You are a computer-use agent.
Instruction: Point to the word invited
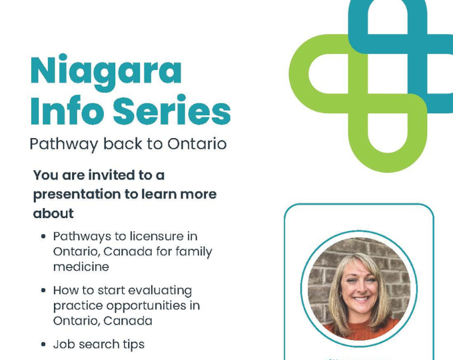click(109, 175)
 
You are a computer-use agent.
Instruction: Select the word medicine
click(81, 266)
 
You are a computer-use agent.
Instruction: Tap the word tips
click(132, 345)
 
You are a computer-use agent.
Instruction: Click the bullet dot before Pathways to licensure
click(43, 237)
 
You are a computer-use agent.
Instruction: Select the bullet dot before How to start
click(43, 291)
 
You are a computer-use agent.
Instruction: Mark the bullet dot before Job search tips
click(43, 345)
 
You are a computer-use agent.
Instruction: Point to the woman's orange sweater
click(360, 328)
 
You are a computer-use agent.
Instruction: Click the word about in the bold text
click(53, 213)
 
